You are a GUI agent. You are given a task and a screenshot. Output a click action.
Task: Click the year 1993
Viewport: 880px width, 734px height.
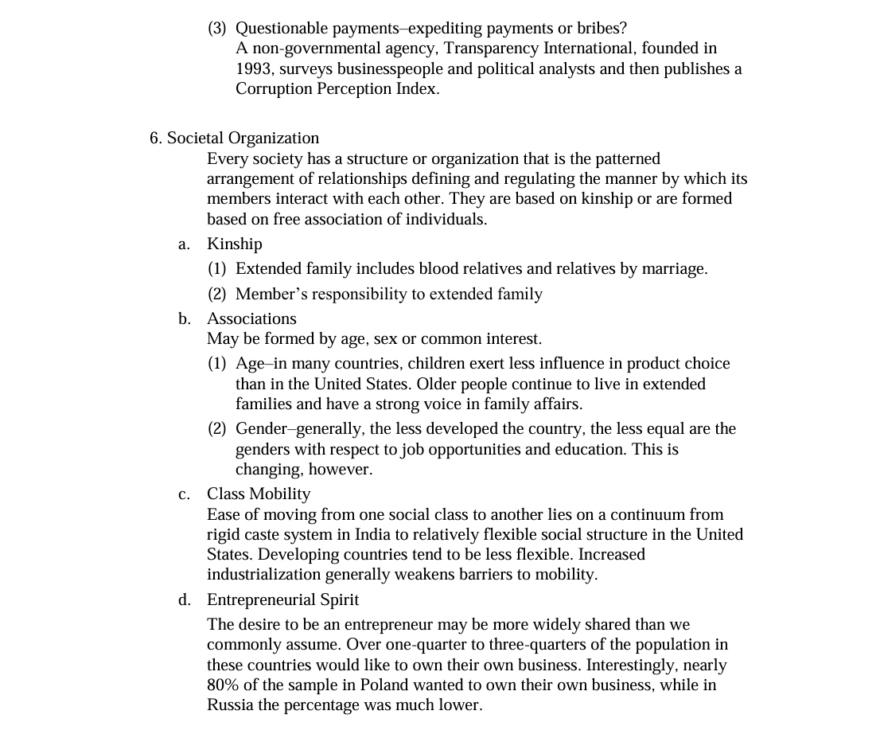[x=254, y=68]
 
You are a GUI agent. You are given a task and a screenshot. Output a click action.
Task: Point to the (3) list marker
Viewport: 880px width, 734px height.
[x=217, y=28]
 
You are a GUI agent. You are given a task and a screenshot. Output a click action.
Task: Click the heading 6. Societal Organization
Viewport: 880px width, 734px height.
[x=234, y=138]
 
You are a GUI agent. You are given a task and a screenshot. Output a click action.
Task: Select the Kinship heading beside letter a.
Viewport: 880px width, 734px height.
[x=234, y=244]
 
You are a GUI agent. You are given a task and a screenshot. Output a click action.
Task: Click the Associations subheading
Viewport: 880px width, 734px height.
[x=251, y=318]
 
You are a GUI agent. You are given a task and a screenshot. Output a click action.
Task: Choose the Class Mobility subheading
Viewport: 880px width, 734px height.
[x=259, y=494]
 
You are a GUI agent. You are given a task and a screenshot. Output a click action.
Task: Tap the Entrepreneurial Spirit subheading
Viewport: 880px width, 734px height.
[x=282, y=599]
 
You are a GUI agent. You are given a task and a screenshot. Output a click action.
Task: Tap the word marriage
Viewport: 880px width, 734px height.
[x=675, y=268]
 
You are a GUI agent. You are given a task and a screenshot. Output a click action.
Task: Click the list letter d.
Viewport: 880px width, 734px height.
[x=184, y=599]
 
